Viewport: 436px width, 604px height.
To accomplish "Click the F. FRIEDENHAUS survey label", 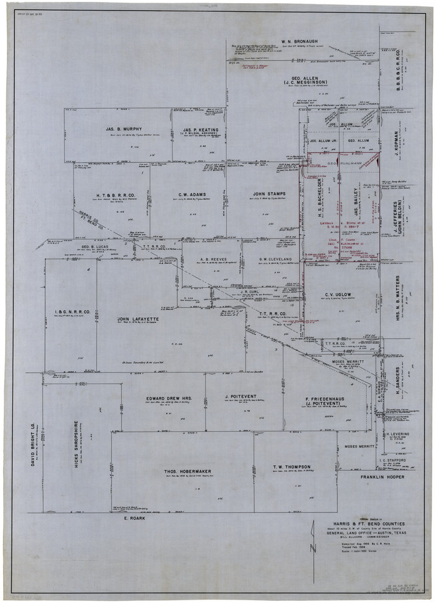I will (308, 399).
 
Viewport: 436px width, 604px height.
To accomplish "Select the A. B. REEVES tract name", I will (212, 259).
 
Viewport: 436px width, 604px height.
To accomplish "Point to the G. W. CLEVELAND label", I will (275, 259).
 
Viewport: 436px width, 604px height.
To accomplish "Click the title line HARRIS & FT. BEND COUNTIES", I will (368, 524).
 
